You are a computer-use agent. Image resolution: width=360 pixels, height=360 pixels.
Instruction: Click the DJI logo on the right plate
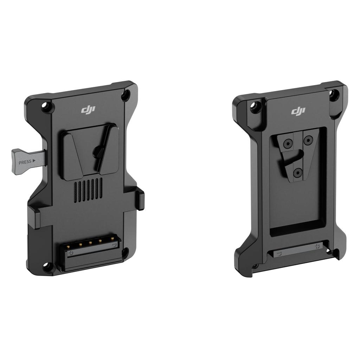point(298,111)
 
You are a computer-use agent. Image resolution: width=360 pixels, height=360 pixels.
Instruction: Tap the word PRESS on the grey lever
point(25,162)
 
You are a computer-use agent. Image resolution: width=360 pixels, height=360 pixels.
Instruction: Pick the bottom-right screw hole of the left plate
point(126,251)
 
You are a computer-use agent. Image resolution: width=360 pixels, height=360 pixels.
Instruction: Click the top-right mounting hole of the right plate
point(334,94)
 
